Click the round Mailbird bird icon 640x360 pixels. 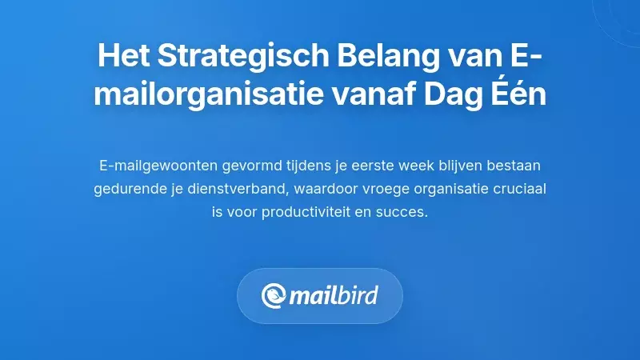click(x=274, y=296)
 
